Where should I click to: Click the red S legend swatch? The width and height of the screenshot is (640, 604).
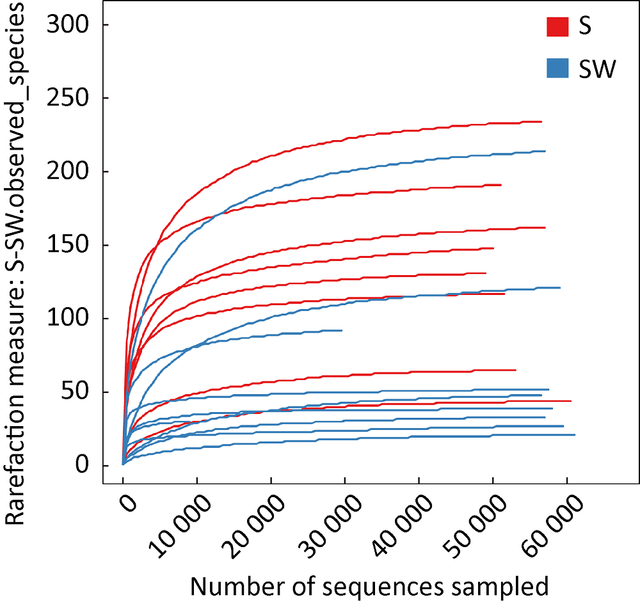(x=558, y=27)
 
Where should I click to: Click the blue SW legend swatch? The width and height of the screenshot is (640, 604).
(x=558, y=68)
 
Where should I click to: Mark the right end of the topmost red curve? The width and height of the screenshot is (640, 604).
(x=541, y=122)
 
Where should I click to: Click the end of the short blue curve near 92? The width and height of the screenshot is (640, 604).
(x=342, y=330)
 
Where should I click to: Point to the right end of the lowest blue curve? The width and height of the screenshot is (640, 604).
(x=575, y=435)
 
